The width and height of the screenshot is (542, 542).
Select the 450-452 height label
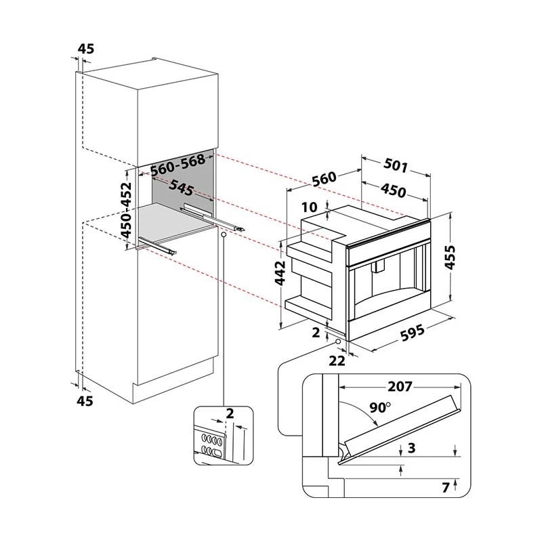coord(127,210)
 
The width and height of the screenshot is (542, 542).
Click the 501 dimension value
coord(396,165)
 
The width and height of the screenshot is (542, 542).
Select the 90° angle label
coord(379,408)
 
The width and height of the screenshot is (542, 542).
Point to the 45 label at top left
coord(86,48)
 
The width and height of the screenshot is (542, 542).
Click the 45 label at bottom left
coord(85,401)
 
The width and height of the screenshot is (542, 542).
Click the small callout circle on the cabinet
coord(223,234)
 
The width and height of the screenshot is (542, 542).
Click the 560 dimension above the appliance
coord(324,180)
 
